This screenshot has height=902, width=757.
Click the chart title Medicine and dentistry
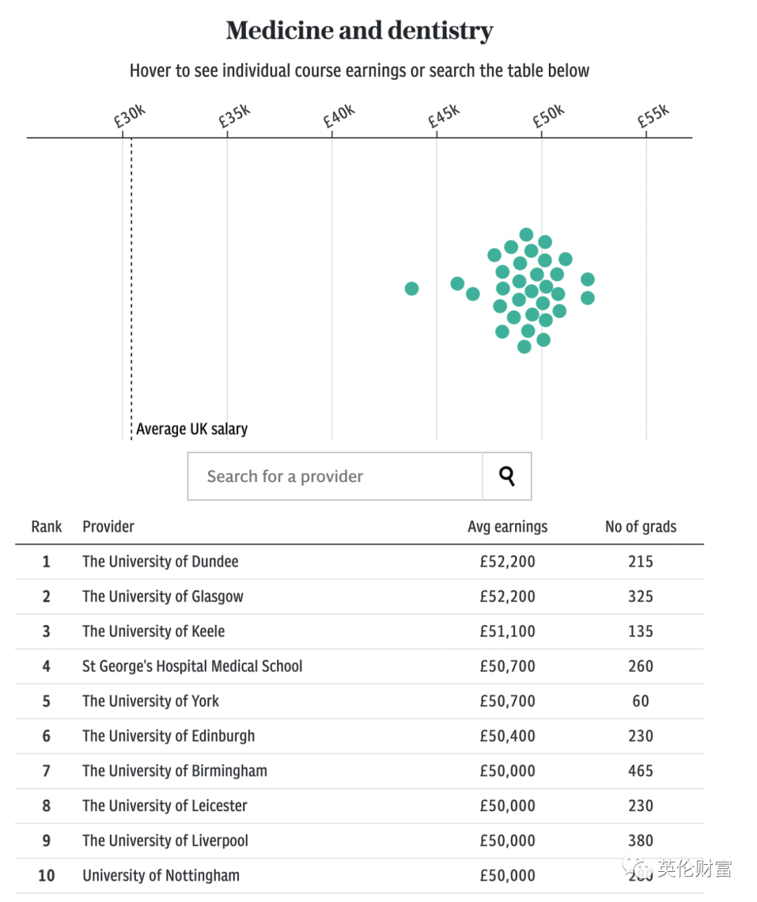pos(360,31)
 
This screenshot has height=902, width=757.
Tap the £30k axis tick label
pos(130,116)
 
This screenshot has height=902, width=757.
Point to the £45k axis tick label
pos(444,116)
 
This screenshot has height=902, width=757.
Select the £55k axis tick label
pos(653,116)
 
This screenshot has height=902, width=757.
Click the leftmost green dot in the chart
pos(411,289)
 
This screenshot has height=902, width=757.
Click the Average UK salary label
pos(191,429)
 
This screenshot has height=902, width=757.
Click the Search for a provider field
pos(335,477)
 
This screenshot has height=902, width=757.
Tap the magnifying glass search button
pos(507,477)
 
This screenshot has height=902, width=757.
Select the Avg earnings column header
pos(507,527)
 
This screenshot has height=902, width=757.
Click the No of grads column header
pos(641,527)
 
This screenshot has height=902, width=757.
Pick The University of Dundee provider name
pos(161,562)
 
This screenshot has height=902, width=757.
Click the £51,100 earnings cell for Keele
pos(507,631)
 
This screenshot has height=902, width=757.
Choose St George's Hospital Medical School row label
pos(192,667)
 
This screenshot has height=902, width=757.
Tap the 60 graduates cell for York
pos(641,702)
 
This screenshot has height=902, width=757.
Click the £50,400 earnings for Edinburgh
pos(507,737)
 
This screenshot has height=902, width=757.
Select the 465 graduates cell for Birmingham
pos(641,771)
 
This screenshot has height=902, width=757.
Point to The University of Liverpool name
pos(165,841)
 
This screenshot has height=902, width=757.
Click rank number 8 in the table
pos(46,806)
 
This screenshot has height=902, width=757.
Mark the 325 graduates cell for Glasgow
pos(641,597)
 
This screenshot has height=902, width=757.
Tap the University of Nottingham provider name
pos(161,876)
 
